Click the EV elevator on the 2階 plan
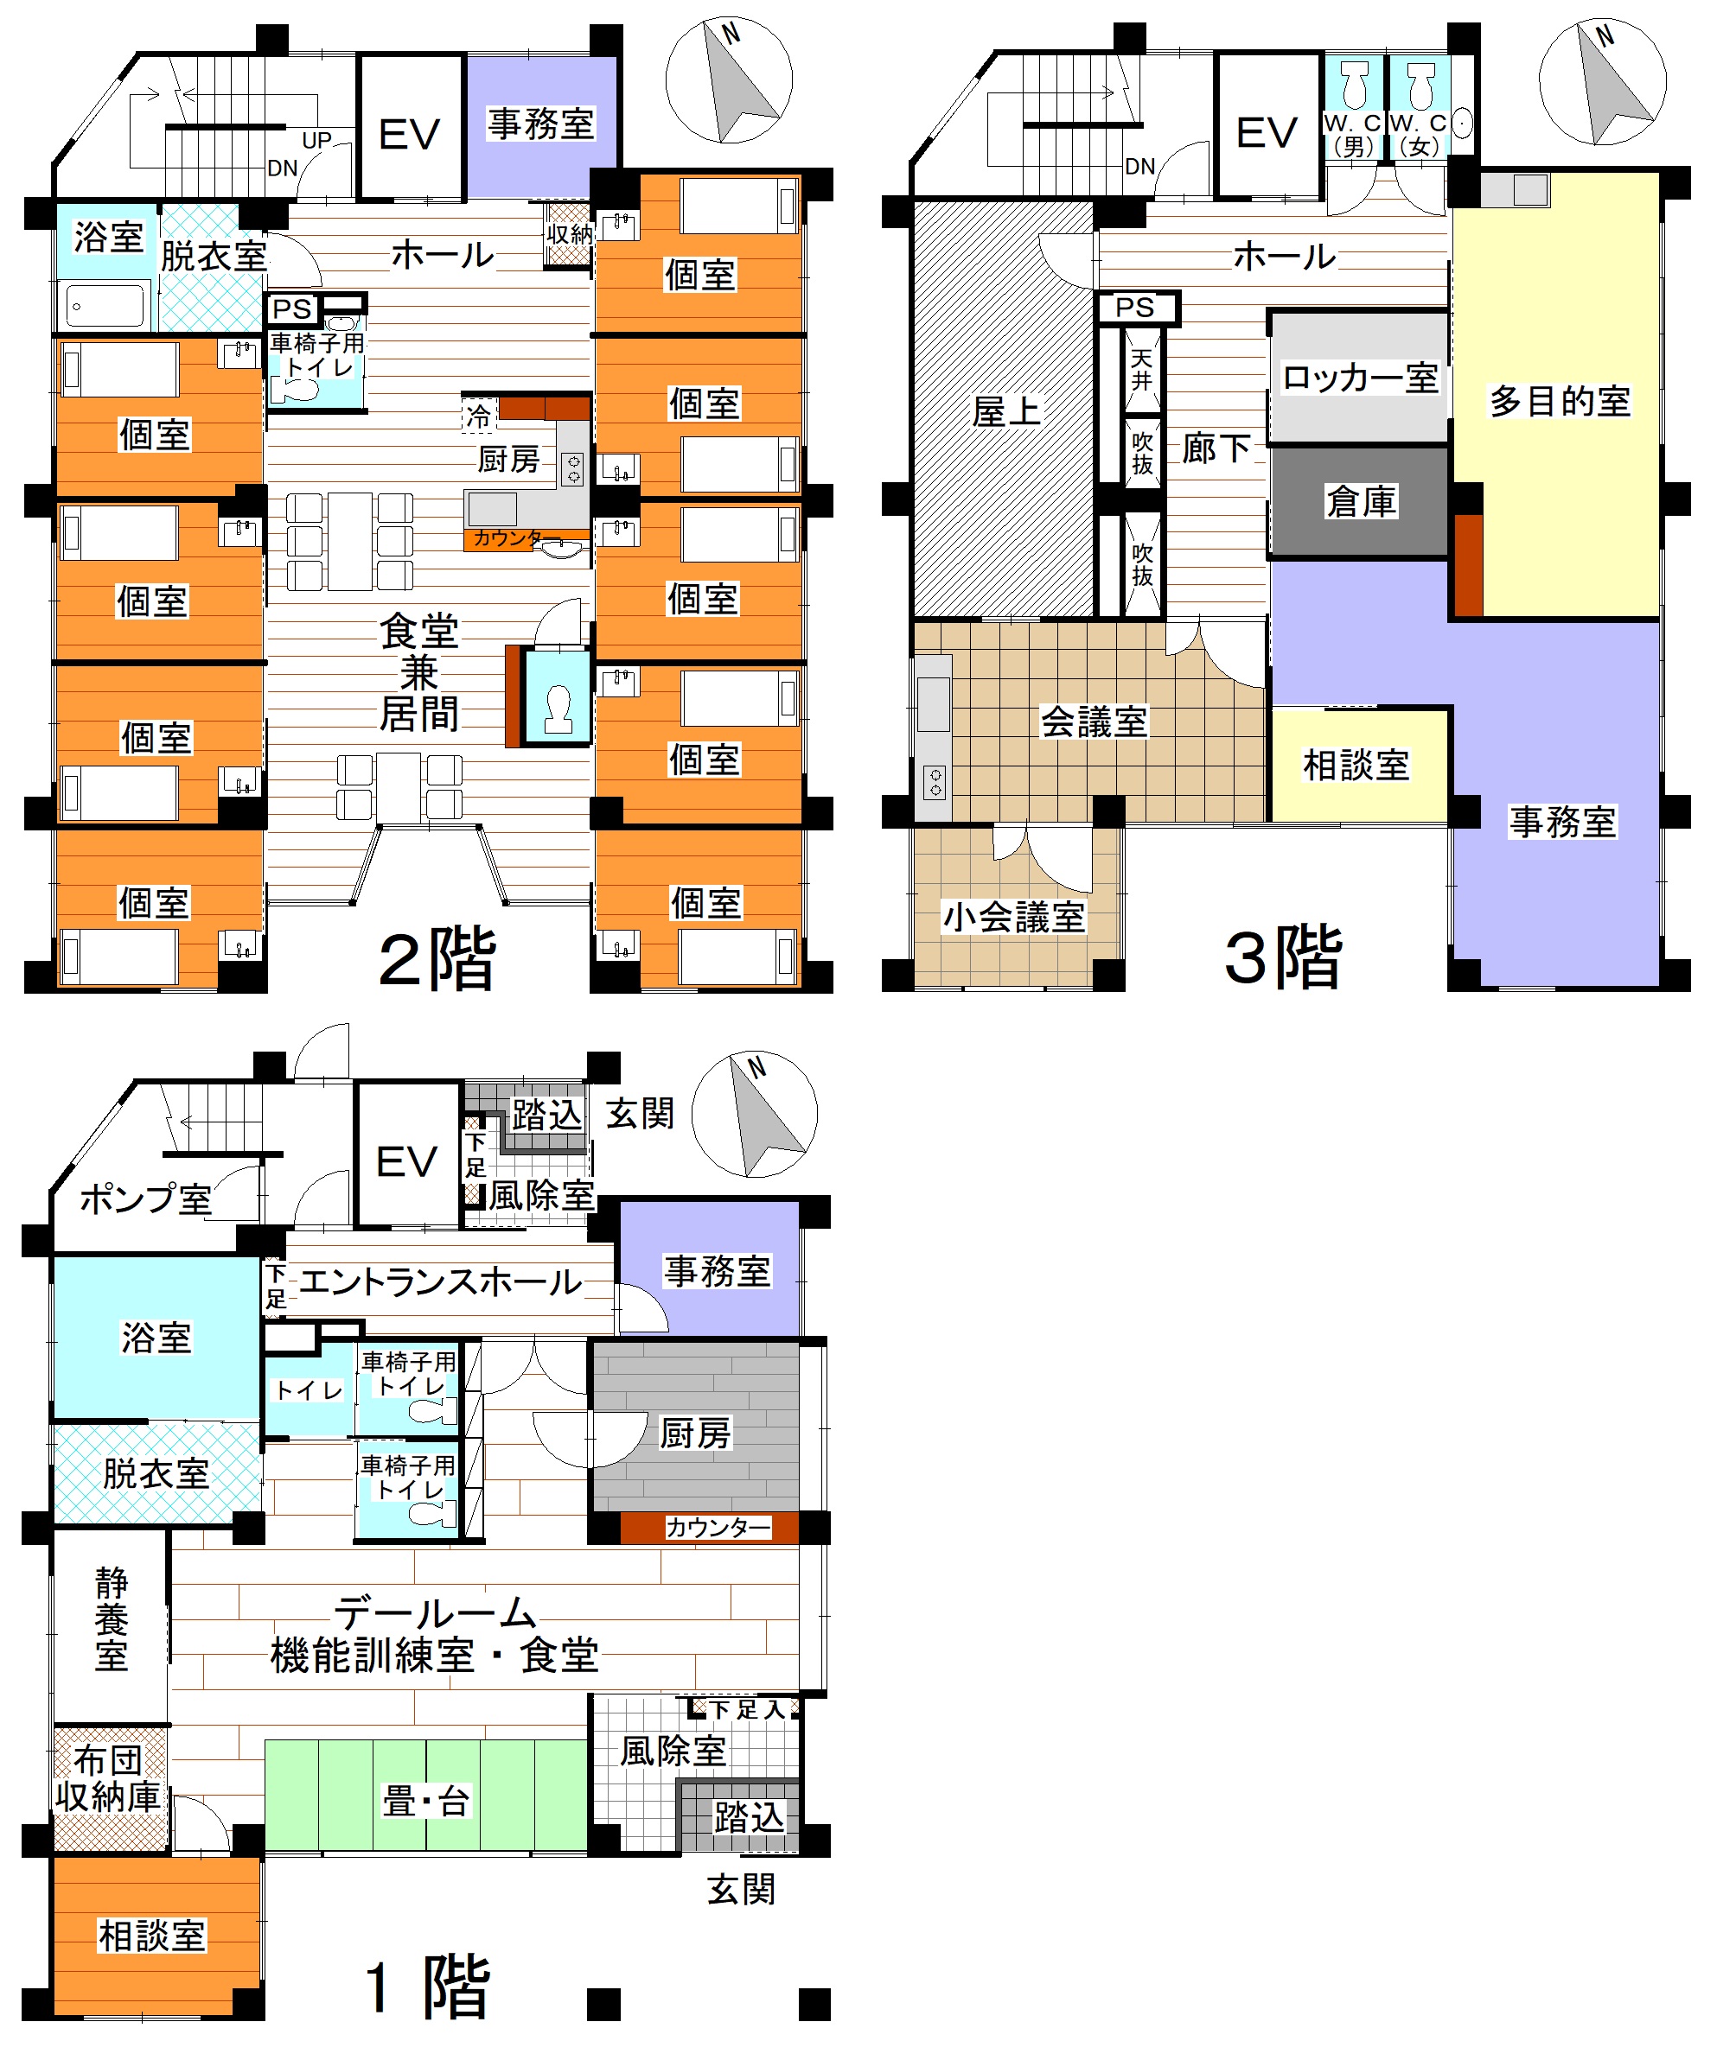click(410, 128)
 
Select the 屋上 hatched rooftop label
click(1005, 411)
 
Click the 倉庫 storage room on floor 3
click(1360, 502)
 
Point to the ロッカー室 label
click(1360, 378)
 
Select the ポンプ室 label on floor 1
click(145, 1199)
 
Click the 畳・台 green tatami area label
click(426, 1802)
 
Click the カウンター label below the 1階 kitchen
click(718, 1527)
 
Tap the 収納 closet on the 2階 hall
click(569, 235)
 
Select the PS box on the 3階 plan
click(1137, 308)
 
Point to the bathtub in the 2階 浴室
click(105, 305)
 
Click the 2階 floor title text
click(437, 959)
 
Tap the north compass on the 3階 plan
click(1602, 81)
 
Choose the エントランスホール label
click(440, 1281)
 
